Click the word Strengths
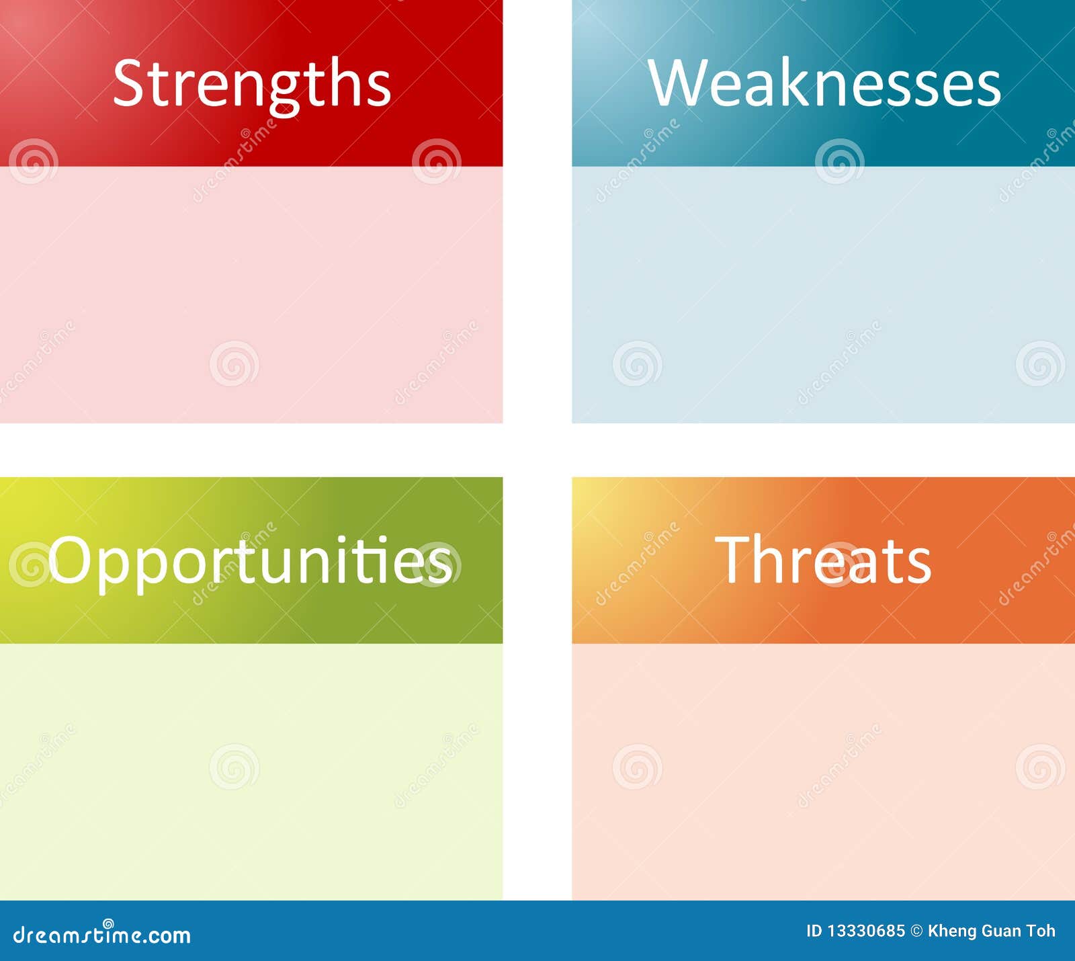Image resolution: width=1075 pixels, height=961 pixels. (252, 84)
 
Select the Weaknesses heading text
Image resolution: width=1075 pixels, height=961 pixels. (824, 82)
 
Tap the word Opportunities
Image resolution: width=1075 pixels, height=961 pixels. (250, 562)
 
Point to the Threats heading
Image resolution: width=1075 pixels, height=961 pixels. (823, 559)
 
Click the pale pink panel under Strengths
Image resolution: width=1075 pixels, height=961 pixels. (251, 294)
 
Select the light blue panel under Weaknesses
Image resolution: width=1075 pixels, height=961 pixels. (823, 294)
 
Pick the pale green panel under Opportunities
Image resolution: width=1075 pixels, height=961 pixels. (251, 771)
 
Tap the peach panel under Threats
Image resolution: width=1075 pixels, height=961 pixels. (823, 771)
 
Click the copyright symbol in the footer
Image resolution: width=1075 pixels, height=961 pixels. (916, 931)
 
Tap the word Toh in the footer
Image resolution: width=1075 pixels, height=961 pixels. (1041, 931)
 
